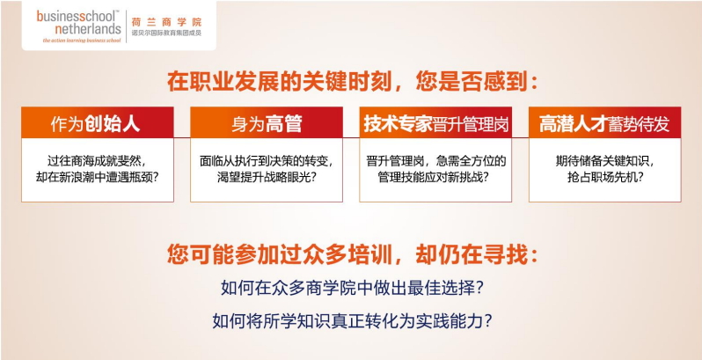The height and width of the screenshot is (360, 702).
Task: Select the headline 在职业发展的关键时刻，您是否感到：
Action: click(x=351, y=82)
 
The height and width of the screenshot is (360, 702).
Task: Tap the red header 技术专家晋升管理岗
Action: click(x=435, y=123)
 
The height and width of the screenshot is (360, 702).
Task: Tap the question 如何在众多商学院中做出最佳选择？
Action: click(x=351, y=289)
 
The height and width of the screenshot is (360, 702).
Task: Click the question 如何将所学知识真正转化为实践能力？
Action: click(x=351, y=320)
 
